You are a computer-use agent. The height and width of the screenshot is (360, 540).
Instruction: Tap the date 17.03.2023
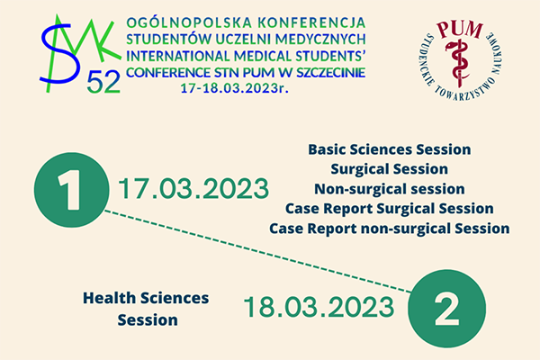pos(193,190)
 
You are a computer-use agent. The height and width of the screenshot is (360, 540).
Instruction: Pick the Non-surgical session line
pos(389,189)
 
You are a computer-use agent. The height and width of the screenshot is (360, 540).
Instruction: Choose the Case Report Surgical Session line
pos(389,209)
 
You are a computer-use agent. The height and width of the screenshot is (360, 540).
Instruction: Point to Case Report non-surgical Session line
pos(389,229)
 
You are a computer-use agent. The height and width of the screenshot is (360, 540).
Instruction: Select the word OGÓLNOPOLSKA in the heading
pos(176,22)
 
